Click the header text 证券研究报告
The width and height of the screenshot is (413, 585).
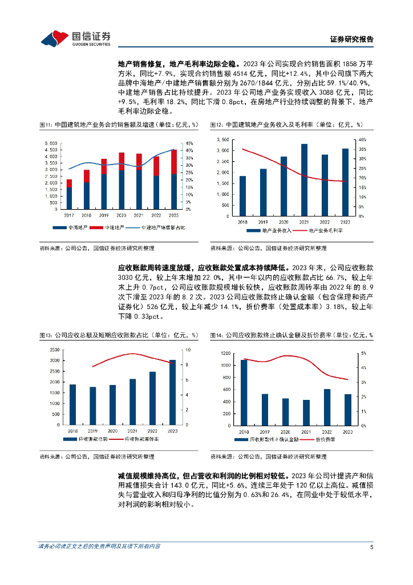click(x=351, y=39)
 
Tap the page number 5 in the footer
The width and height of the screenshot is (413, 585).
click(x=371, y=546)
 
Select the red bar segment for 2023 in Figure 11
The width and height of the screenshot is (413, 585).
click(x=173, y=162)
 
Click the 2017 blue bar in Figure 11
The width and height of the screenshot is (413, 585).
click(x=69, y=198)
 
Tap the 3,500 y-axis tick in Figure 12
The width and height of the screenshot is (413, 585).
click(x=224, y=139)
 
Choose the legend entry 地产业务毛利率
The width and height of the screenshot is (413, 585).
click(x=326, y=231)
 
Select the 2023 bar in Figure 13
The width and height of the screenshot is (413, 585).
click(x=172, y=392)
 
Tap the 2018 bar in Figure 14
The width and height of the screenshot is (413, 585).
click(x=244, y=392)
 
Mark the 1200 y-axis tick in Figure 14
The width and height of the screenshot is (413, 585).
click(x=225, y=353)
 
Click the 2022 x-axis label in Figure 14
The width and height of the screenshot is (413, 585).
click(x=327, y=432)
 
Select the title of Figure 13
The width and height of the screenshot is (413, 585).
click(x=119, y=335)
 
